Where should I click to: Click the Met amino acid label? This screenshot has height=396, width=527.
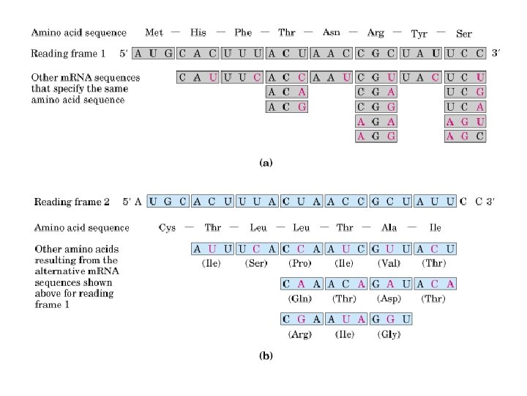154,32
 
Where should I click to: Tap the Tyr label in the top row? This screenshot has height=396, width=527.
419,34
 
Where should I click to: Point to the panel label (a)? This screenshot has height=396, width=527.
266,164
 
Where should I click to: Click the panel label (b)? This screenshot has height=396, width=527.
266,357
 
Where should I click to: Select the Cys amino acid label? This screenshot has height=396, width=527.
167,227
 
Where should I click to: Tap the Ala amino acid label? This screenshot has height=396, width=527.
389,227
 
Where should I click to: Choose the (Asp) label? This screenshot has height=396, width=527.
389,299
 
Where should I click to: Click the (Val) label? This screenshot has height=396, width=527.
389,263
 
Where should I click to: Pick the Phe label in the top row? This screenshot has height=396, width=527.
243,32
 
